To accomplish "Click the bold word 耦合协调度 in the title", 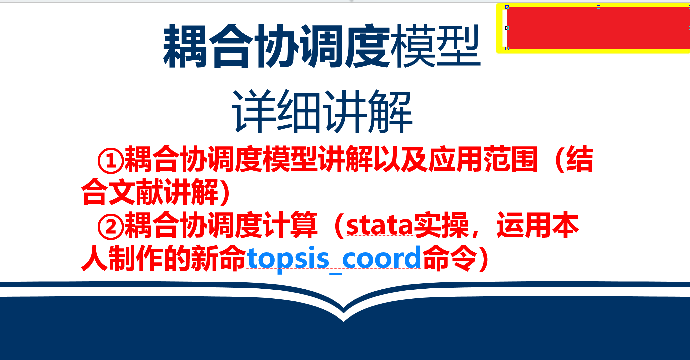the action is pyautogui.click(x=277, y=46).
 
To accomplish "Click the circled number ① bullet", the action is pyautogui.click(x=111, y=160).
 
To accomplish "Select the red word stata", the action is pyautogui.click(x=380, y=226).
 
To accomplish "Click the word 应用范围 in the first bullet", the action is pyautogui.click(x=483, y=159).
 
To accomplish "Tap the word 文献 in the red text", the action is pyautogui.click(x=135, y=192).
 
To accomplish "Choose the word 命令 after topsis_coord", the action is pyautogui.click(x=450, y=258).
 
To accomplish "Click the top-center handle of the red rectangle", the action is pyautogui.click(x=599, y=7).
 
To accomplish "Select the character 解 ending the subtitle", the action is pyautogui.click(x=391, y=111).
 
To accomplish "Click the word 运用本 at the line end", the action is pyautogui.click(x=538, y=226).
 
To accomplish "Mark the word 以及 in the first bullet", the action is pyautogui.click(x=401, y=159).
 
